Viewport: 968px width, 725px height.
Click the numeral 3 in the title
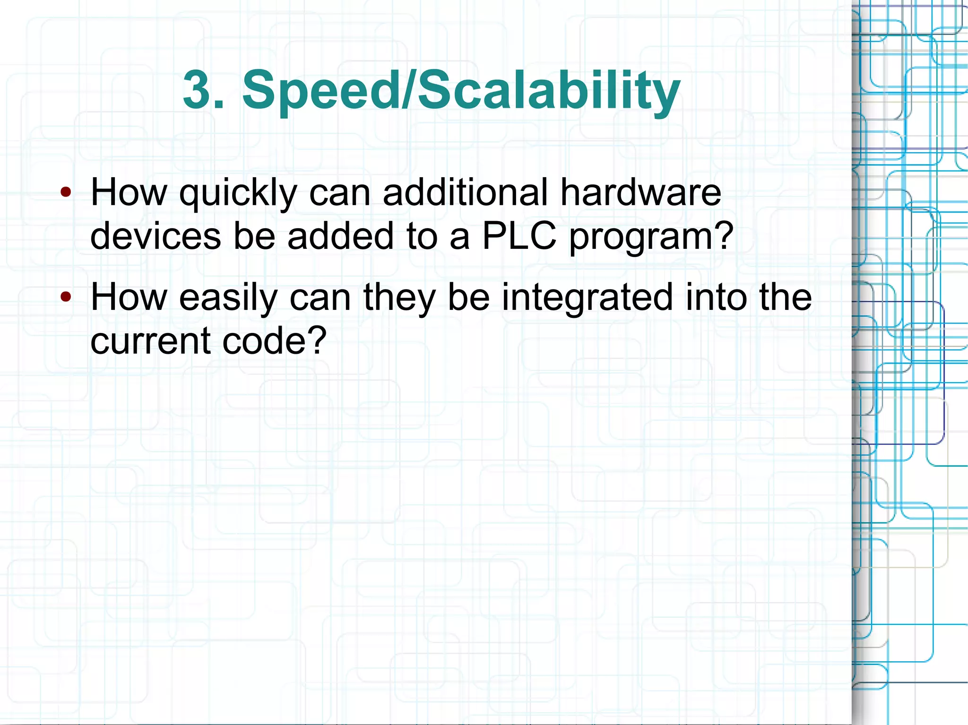[x=197, y=90]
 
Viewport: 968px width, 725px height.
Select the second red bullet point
[x=66, y=297]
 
